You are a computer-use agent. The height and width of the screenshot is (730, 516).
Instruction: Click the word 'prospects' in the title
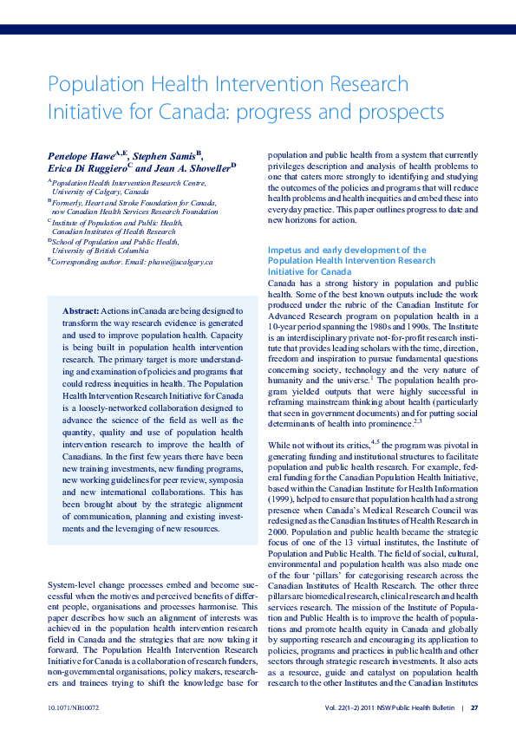coord(401,113)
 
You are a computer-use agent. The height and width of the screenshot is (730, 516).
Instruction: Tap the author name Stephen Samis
coord(162,155)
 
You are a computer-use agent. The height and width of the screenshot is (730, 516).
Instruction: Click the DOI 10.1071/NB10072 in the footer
coord(75,707)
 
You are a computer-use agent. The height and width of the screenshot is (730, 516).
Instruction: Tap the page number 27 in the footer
coord(474,707)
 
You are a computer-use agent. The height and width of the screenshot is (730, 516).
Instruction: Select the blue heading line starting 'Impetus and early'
coord(347,250)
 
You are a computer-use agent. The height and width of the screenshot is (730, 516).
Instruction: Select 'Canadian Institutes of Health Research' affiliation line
coord(114,231)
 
